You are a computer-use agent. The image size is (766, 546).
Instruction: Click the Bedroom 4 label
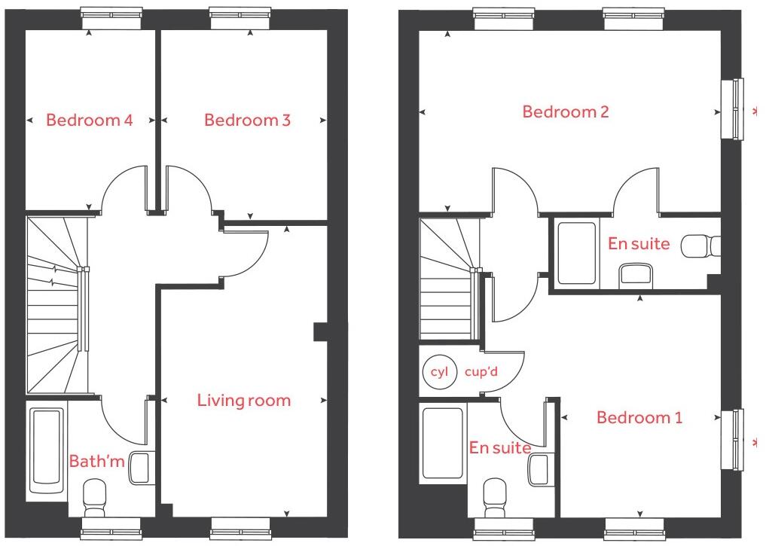click(x=90, y=120)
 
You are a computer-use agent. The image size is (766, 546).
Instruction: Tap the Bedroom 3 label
click(x=247, y=120)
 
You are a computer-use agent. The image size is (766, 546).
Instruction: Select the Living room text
click(x=243, y=401)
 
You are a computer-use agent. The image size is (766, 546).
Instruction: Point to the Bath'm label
click(x=96, y=461)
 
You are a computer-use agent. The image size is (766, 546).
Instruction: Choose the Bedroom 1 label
click(x=639, y=417)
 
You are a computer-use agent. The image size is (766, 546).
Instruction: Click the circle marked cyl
click(x=439, y=372)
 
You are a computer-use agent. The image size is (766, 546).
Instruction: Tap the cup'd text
click(x=482, y=372)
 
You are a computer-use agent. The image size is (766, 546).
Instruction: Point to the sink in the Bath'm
click(x=141, y=467)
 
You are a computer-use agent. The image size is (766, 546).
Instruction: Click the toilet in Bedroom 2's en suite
click(x=700, y=246)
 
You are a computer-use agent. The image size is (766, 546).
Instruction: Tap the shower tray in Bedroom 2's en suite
click(x=576, y=252)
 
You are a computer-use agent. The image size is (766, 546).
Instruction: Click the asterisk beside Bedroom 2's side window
click(x=755, y=112)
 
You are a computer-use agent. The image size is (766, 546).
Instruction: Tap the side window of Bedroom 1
click(x=732, y=440)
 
